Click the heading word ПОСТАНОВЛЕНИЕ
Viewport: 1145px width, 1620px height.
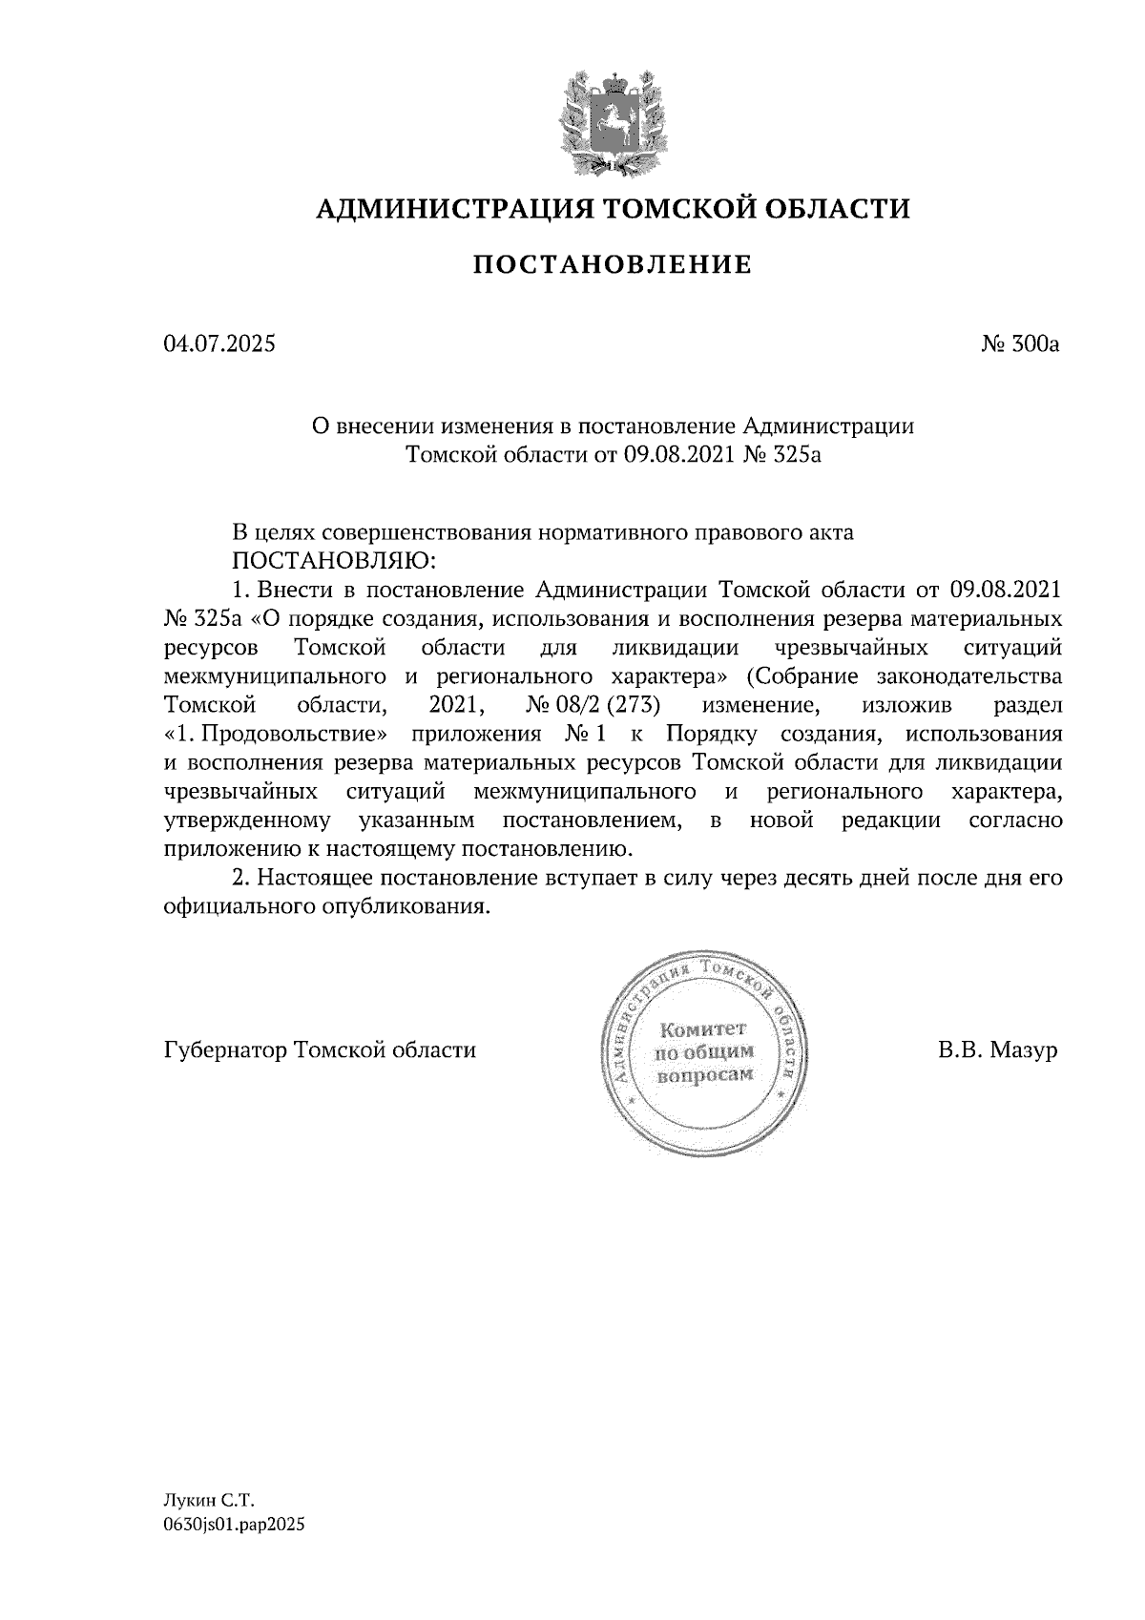[613, 264]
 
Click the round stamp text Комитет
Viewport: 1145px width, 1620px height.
[703, 1029]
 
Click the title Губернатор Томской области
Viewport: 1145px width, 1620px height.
[320, 1050]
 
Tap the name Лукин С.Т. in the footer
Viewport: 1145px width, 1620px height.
[204, 1501]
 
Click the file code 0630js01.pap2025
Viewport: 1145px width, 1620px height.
[234, 1526]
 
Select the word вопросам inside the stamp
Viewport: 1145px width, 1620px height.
[703, 1073]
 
